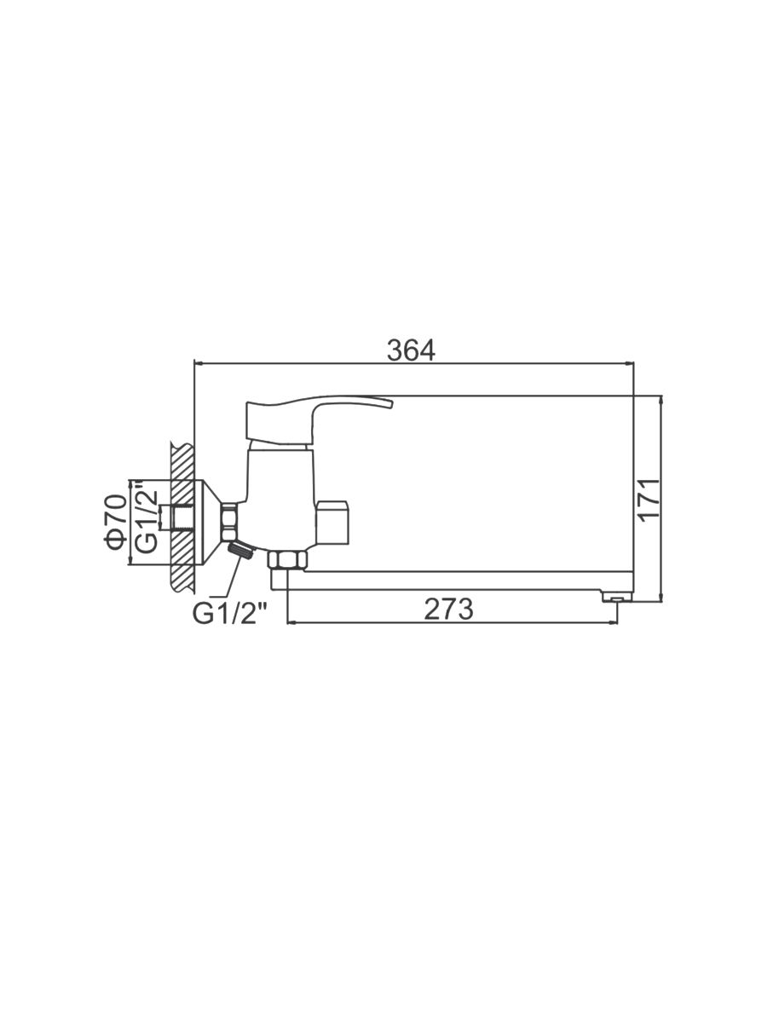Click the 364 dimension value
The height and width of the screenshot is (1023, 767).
coord(412,350)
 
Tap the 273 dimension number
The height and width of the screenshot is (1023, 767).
coord(448,609)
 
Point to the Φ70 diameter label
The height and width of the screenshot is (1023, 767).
coord(116,522)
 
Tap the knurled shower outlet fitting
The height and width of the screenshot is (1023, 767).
coord(242,552)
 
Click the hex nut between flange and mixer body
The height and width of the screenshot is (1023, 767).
coord(229,521)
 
